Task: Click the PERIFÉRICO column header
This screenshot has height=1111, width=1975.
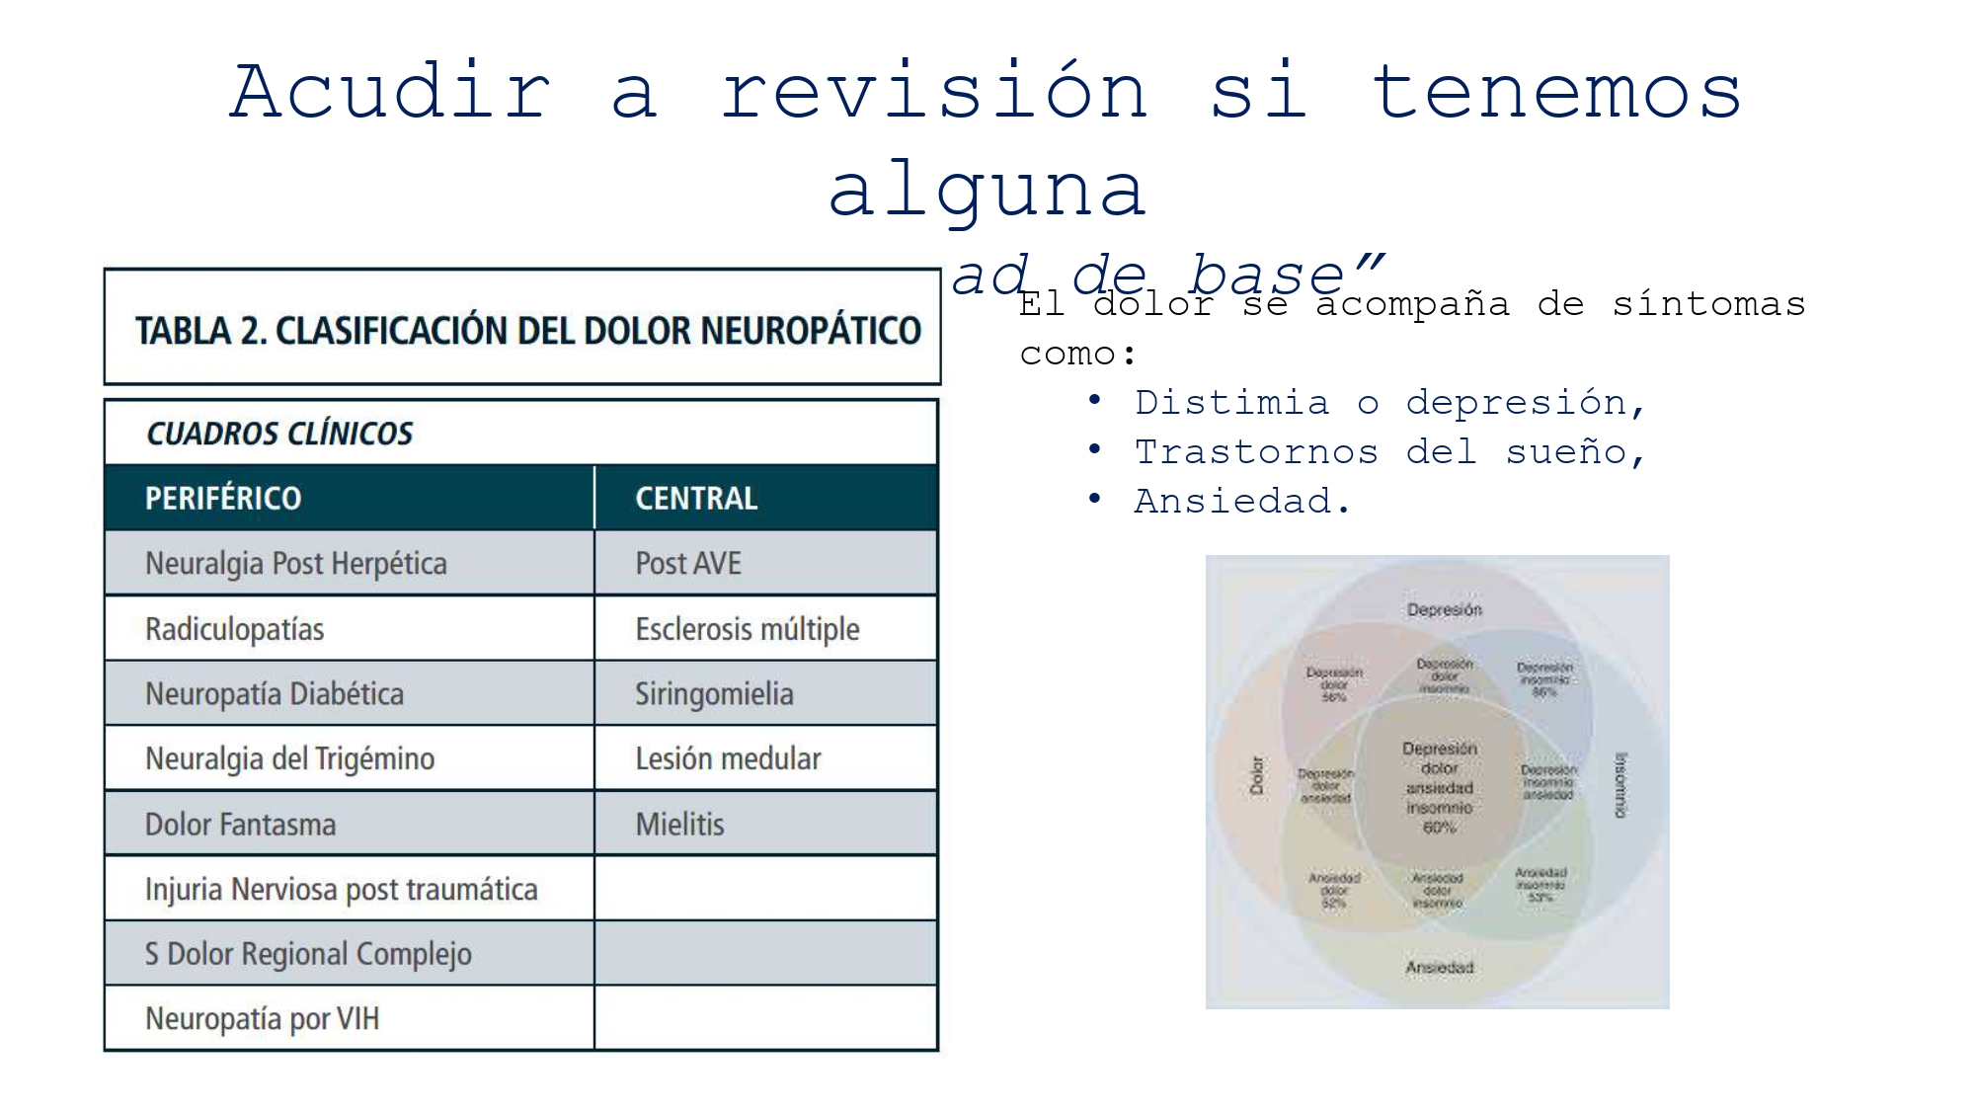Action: coord(223,498)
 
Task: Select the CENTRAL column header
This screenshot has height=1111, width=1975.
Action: coord(696,498)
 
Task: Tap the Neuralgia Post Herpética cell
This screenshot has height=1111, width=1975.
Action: coord(296,563)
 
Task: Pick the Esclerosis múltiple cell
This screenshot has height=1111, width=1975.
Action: coord(748,629)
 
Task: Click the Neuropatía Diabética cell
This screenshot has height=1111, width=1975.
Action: coord(275,694)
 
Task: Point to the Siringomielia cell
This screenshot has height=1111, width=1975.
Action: coord(714,694)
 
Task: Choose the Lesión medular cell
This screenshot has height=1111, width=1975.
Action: coord(728,758)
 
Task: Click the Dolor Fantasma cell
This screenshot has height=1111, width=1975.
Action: coord(240,825)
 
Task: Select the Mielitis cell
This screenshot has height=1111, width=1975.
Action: coord(679,825)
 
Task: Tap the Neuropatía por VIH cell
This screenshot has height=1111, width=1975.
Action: coord(262,1018)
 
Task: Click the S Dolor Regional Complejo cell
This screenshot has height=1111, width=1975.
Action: coord(308,954)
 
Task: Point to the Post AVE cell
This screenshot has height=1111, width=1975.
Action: coord(688,563)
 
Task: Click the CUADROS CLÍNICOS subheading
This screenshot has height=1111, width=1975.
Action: coord(279,434)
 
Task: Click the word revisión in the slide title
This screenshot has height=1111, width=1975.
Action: coord(934,91)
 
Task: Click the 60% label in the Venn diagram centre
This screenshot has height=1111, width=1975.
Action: coord(1439,828)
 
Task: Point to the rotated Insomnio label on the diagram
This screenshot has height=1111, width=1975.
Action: coord(1619,785)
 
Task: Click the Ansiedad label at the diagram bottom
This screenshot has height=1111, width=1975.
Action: coord(1439,968)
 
